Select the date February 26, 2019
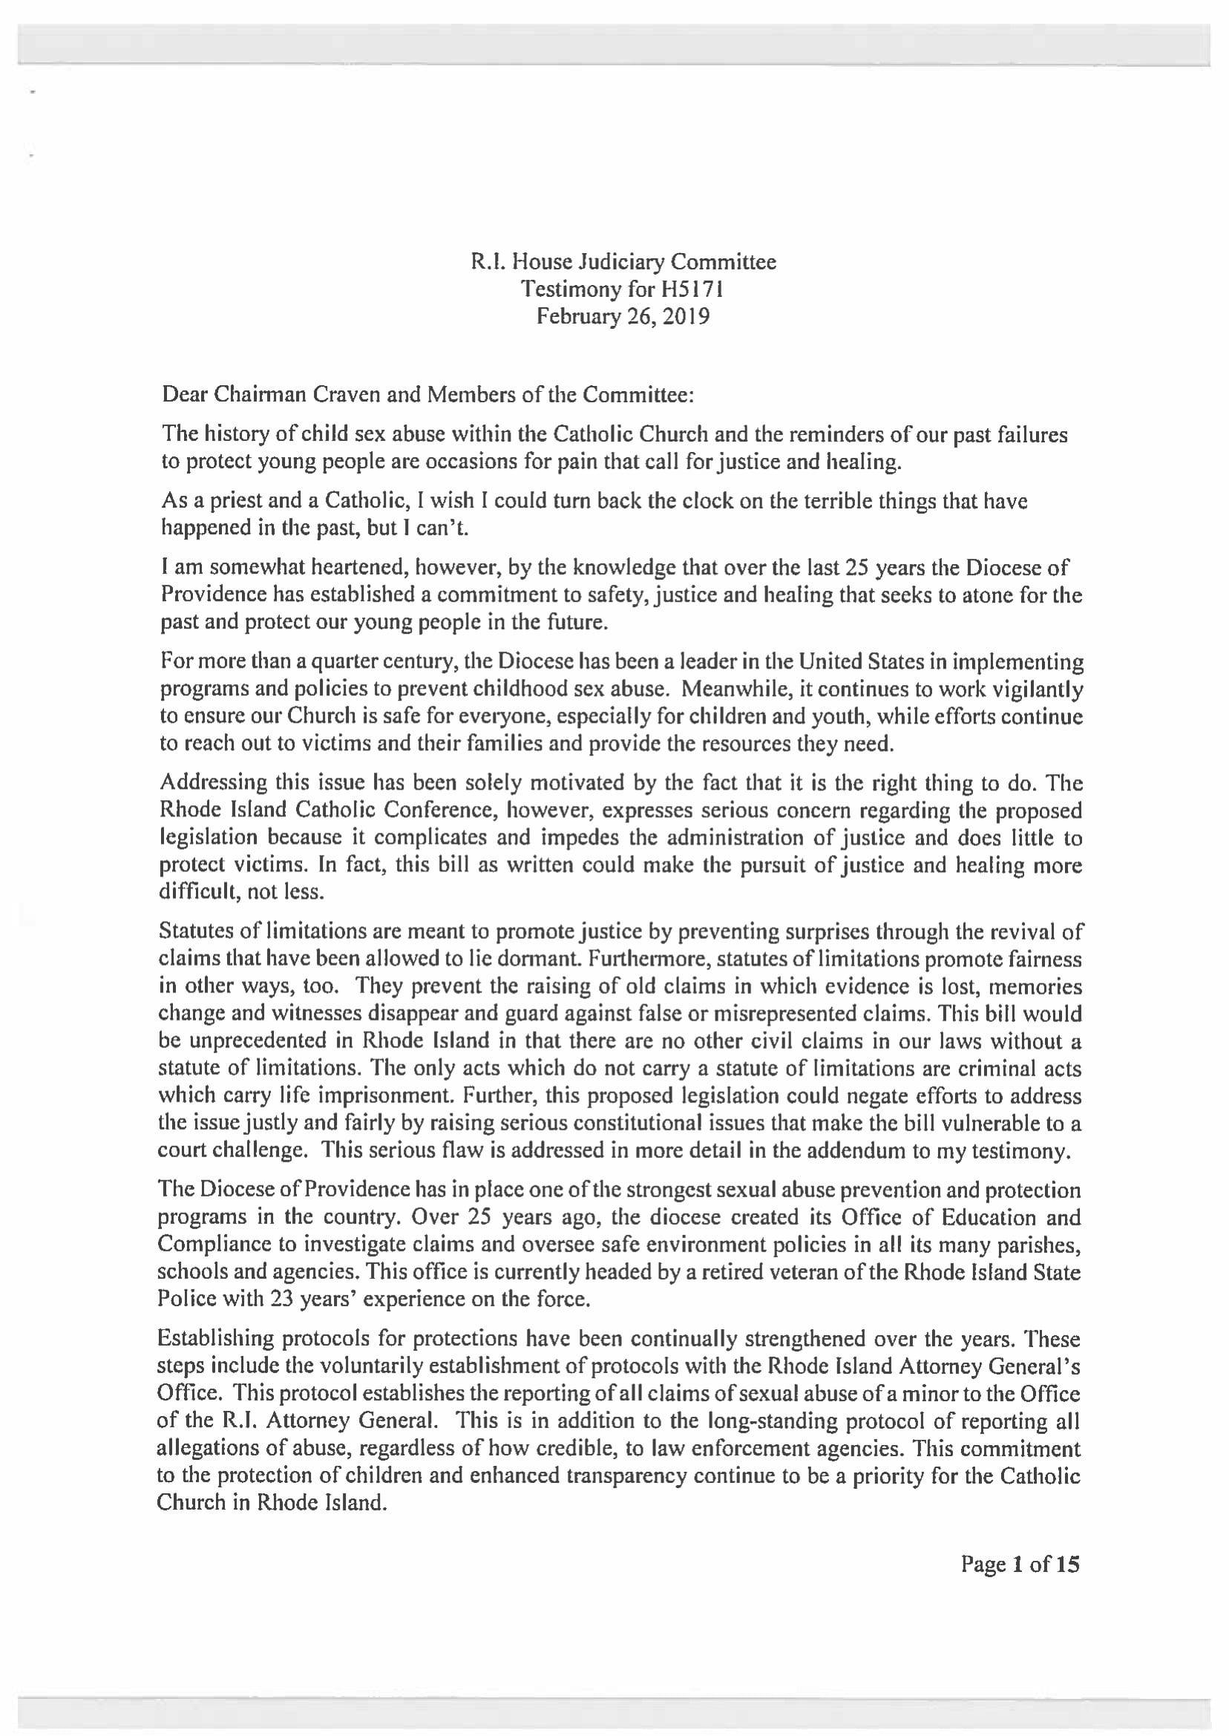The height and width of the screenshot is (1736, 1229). click(623, 316)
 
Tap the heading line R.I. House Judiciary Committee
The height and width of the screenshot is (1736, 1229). click(623, 262)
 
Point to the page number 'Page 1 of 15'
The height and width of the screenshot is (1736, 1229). click(1020, 1565)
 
